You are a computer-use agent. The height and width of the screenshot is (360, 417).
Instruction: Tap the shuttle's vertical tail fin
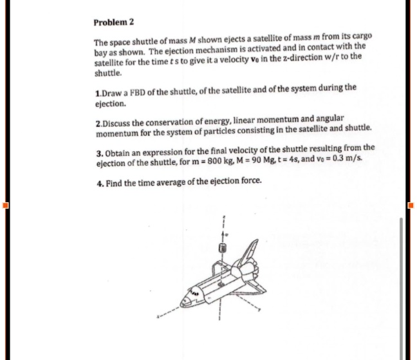(x=252, y=250)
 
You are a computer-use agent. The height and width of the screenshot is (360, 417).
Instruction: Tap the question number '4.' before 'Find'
(x=97, y=181)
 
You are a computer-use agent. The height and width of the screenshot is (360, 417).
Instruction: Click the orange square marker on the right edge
(x=411, y=206)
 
